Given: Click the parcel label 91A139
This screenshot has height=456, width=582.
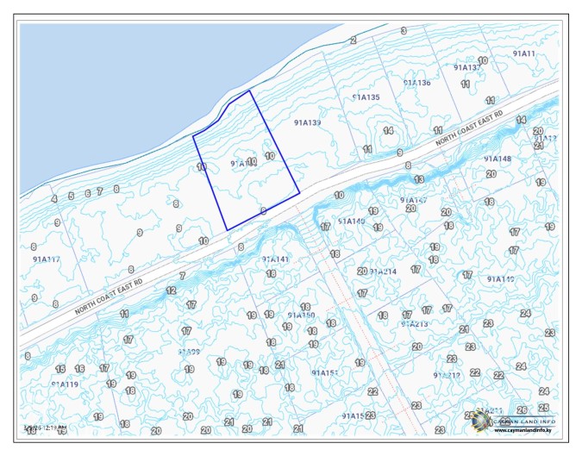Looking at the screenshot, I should [307, 123].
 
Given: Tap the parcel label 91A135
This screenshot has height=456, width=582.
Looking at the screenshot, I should [366, 97].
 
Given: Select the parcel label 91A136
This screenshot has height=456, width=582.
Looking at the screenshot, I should [416, 83].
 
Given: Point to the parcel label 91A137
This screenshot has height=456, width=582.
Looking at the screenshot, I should [467, 67].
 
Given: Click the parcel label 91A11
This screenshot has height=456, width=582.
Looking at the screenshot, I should [523, 53].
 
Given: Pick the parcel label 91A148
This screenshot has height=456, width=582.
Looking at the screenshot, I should [498, 159].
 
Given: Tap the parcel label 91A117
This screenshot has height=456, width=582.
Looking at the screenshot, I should [46, 259].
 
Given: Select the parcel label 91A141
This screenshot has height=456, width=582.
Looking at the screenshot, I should [275, 259].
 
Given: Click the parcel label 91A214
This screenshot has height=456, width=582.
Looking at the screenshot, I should [383, 272].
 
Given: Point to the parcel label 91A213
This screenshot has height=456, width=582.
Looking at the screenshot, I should [414, 324].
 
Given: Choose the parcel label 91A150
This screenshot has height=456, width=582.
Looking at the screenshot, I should [301, 315].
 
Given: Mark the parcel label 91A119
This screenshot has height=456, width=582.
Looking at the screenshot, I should [65, 384].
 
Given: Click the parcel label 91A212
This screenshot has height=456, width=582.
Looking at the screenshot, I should [447, 375].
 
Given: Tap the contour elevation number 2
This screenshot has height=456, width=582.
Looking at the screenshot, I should [354, 40].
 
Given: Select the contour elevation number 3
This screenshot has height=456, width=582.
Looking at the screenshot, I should [404, 31].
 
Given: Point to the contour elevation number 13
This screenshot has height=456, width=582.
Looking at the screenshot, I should [419, 179].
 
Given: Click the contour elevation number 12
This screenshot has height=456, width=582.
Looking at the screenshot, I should [171, 290].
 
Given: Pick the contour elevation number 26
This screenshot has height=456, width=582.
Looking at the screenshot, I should [522, 409].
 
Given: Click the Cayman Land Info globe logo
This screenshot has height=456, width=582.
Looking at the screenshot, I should [480, 422].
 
